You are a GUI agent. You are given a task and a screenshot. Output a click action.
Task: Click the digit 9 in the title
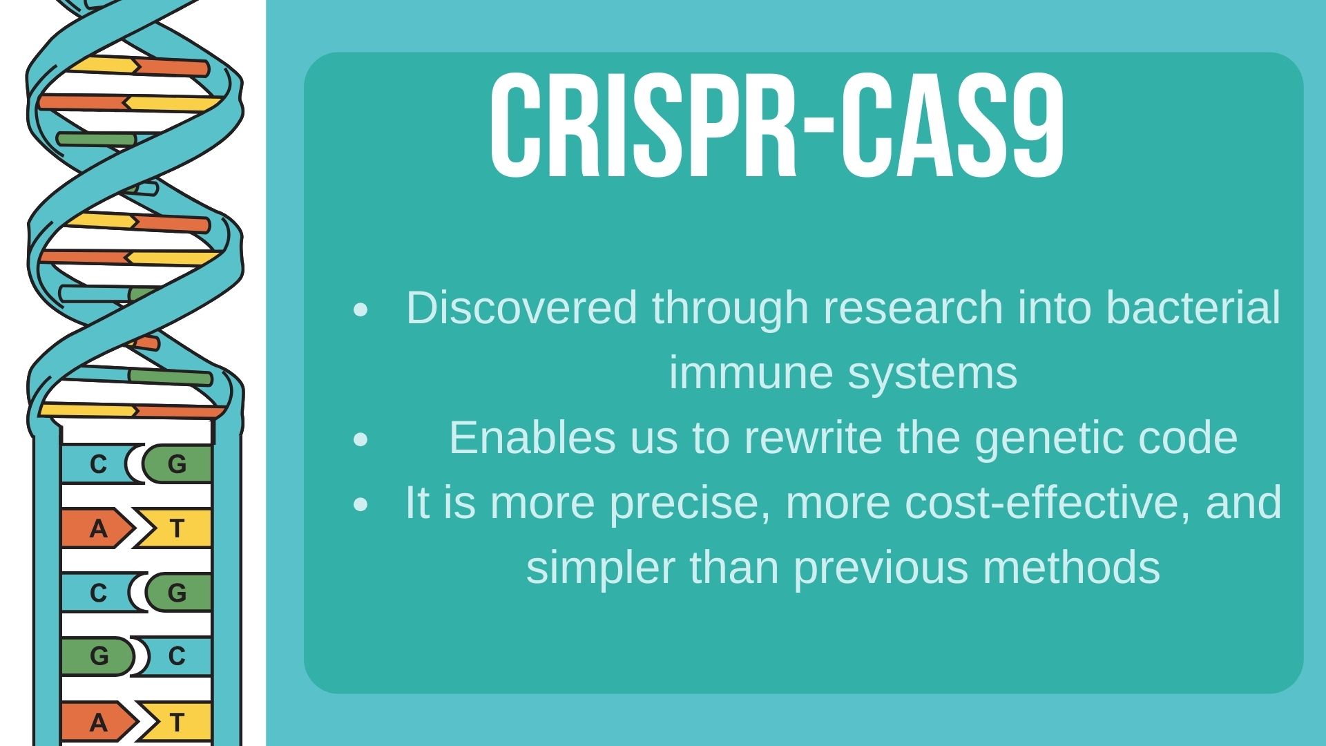pos(1030,126)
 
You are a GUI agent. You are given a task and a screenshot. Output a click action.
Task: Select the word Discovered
pos(521,307)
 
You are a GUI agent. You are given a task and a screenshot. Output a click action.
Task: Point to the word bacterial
pos(1193,307)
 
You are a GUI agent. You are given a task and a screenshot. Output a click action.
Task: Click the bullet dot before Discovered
pos(361,310)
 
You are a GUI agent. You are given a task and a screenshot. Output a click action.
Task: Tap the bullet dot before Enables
pos(361,440)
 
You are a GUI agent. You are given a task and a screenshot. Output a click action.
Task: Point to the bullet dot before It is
pos(361,505)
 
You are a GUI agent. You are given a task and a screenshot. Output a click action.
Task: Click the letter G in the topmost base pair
pos(177,463)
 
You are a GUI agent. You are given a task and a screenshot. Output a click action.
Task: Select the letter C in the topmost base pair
pos(99,463)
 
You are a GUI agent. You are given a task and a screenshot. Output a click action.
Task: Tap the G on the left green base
pos(99,656)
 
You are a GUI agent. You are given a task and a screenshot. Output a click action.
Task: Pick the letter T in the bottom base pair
pos(177,722)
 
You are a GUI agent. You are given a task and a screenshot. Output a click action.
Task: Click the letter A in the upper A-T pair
pos(99,528)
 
